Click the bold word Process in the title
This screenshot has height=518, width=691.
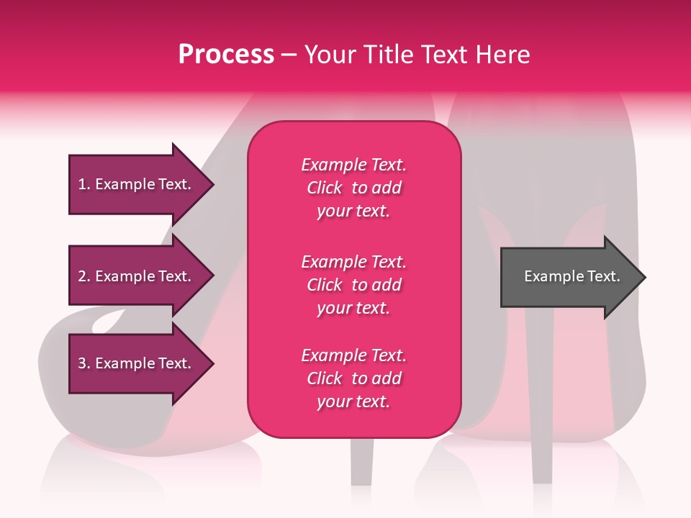[226, 55]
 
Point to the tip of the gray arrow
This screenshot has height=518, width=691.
[643, 277]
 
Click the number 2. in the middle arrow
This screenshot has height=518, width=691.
[84, 276]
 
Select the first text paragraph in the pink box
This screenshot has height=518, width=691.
[353, 188]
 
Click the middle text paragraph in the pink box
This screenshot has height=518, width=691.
[353, 285]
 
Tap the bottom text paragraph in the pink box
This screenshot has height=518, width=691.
[353, 378]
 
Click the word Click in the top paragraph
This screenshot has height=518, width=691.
[325, 188]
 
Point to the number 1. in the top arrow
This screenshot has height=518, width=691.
[83, 184]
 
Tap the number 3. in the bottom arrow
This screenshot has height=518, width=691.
[84, 363]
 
